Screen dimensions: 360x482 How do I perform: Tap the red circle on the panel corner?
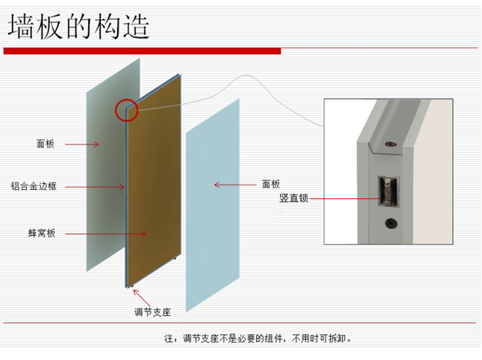point(126,111)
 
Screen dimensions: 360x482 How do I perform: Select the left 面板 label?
point(45,144)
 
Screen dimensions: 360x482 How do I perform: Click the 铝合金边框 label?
point(34,186)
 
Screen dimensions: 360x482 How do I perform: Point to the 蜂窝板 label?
point(42,234)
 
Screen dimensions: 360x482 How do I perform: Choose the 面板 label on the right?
point(271,184)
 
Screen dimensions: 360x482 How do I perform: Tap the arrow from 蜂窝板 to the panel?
point(104,234)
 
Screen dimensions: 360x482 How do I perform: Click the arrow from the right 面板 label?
point(234,184)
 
